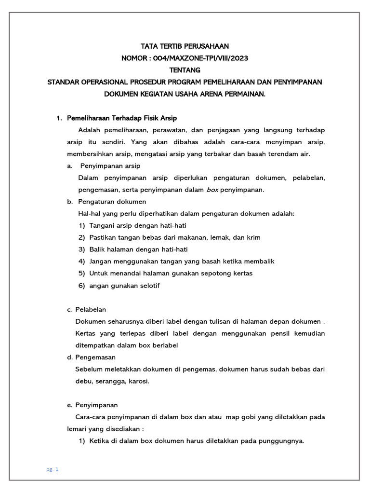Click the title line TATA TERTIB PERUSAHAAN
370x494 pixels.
click(x=185, y=46)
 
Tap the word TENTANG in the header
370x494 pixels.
click(x=185, y=70)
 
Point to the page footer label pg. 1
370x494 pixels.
click(x=53, y=469)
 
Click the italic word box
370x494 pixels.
click(x=212, y=190)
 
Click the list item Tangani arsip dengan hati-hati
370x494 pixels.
click(x=138, y=226)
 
